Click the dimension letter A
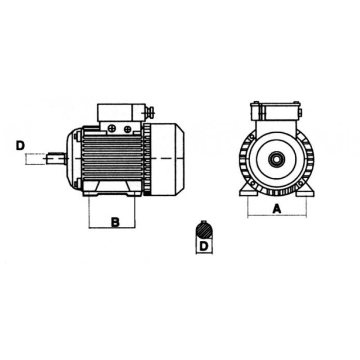277,209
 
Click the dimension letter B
115,222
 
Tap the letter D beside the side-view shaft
20,145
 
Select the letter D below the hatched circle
204,246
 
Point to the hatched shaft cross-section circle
204,231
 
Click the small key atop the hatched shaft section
204,222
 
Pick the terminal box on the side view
121,112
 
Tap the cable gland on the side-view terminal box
150,113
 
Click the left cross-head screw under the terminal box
112,128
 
